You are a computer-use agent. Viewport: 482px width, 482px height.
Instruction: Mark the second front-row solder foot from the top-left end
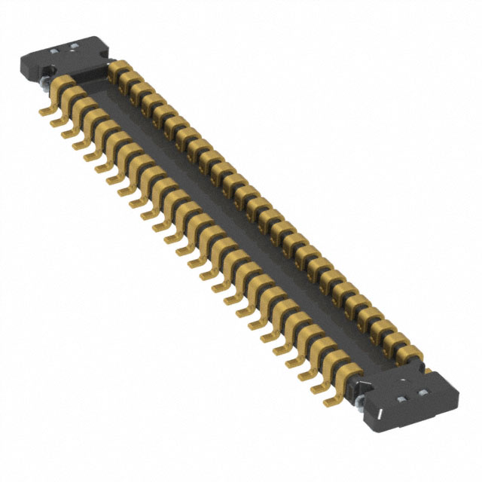(x=57, y=122)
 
